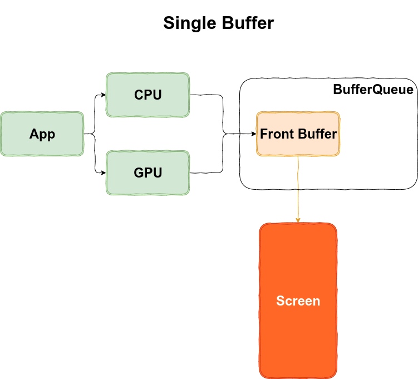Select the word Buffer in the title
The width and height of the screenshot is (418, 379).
[x=248, y=23]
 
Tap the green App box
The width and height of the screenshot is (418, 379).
[x=42, y=134]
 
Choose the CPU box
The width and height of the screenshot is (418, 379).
[x=147, y=95]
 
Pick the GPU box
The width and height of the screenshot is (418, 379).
[x=147, y=173]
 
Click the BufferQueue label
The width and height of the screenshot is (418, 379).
[x=373, y=90]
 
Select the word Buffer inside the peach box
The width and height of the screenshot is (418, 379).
[x=317, y=134]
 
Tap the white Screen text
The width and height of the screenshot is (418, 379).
[x=298, y=301]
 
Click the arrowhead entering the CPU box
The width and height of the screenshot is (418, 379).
[x=104, y=95]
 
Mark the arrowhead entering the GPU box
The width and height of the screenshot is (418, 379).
[x=104, y=173]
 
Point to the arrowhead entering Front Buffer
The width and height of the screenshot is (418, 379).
[x=253, y=134]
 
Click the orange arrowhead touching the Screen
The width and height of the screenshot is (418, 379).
[x=298, y=220]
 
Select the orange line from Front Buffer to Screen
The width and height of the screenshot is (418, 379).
[x=298, y=189]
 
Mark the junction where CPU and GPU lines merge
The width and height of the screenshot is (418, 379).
[x=223, y=134]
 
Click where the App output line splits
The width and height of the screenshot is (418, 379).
[x=95, y=134]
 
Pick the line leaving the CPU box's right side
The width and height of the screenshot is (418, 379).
[x=206, y=95]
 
